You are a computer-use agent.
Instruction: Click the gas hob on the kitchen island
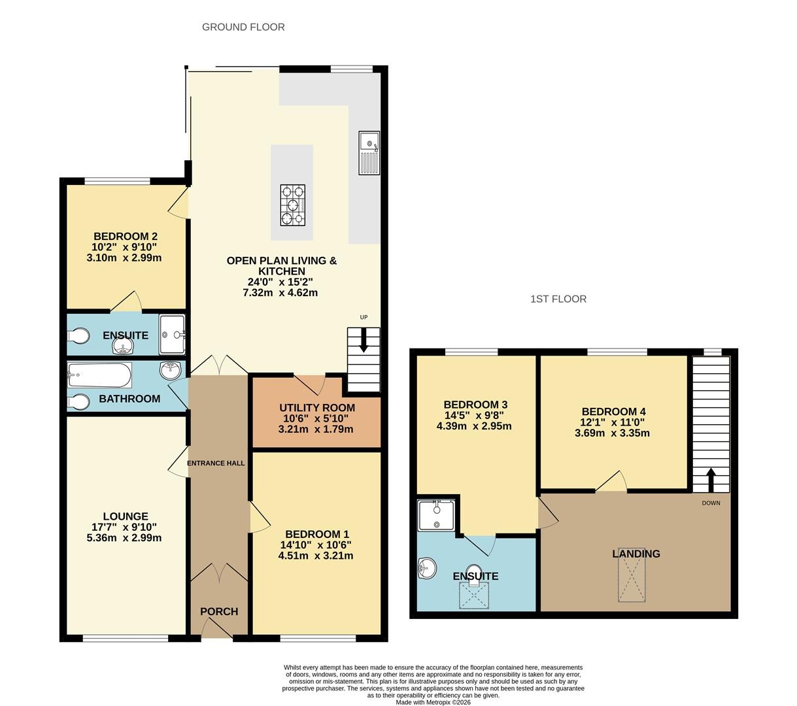coord(292,205)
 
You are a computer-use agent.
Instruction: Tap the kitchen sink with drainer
coord(369,152)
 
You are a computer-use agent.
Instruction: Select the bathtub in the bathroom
coord(99,375)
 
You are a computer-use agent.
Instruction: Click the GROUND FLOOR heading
coord(243,27)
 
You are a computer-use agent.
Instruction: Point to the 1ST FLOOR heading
coord(558,299)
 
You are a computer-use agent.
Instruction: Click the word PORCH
coord(219,611)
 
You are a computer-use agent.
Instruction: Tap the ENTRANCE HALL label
coord(216,463)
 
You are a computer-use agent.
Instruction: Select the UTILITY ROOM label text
coord(316,407)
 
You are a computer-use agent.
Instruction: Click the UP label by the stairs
coord(364,317)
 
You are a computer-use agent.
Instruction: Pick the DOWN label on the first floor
coord(711,503)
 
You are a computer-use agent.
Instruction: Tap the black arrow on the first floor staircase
coord(711,479)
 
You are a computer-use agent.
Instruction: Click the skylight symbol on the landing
coord(632,575)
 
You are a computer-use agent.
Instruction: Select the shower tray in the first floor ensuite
coord(436,515)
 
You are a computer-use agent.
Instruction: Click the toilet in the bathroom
coord(78,402)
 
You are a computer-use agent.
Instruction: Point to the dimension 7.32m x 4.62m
coord(280,293)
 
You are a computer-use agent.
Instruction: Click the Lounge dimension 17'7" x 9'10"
coord(124,527)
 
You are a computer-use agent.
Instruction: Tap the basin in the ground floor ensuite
coord(123,346)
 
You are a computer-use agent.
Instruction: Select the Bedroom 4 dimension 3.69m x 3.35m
coord(612,433)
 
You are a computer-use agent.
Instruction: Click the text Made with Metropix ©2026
coord(433,702)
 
